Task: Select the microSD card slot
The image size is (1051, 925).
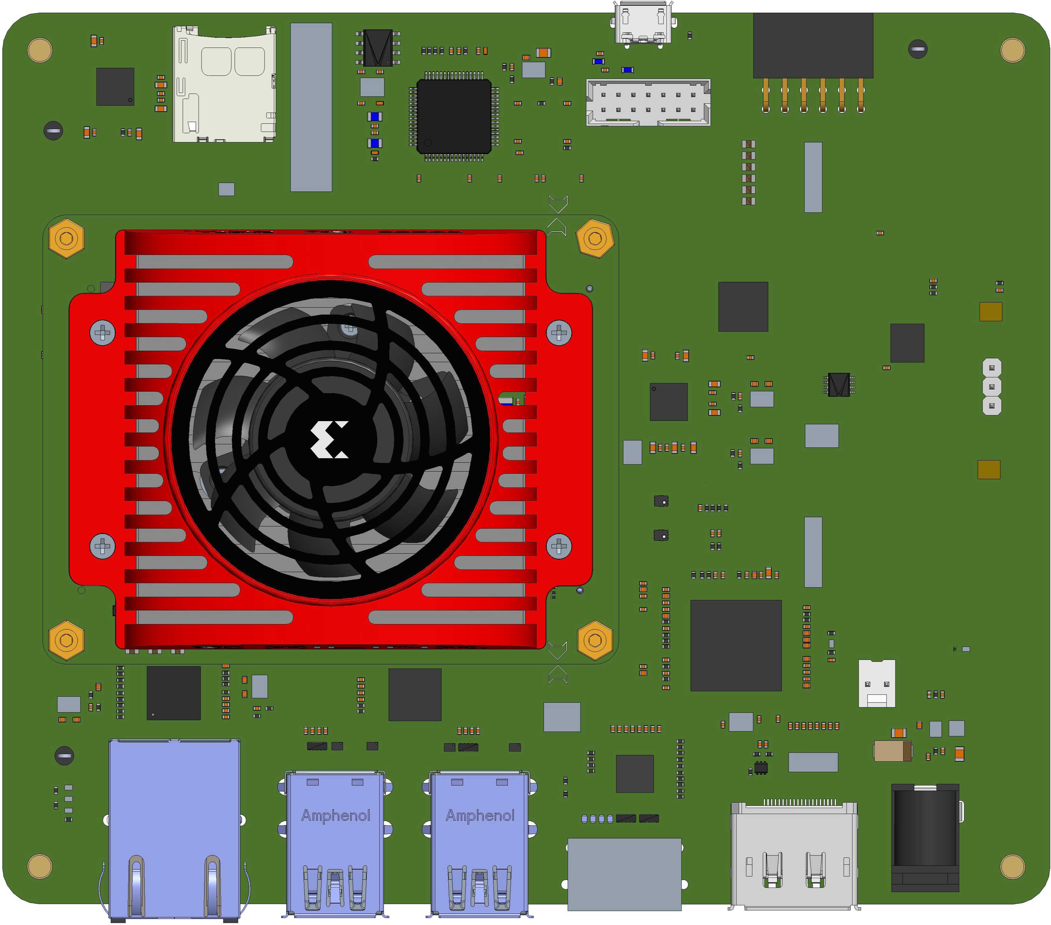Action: (x=224, y=85)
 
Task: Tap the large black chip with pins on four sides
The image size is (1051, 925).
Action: (x=453, y=116)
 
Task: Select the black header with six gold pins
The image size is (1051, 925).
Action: (x=813, y=46)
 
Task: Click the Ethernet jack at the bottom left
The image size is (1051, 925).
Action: (x=174, y=828)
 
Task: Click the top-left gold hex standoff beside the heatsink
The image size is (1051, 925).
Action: (x=66, y=238)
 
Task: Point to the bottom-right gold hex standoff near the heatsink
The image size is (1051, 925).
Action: (x=595, y=640)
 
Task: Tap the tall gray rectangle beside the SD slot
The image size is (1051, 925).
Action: (x=311, y=107)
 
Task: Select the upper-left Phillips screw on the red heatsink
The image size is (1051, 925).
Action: (x=102, y=333)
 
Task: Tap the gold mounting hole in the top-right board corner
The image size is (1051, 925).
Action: (x=1012, y=50)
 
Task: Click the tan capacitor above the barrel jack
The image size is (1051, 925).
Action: (x=892, y=751)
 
